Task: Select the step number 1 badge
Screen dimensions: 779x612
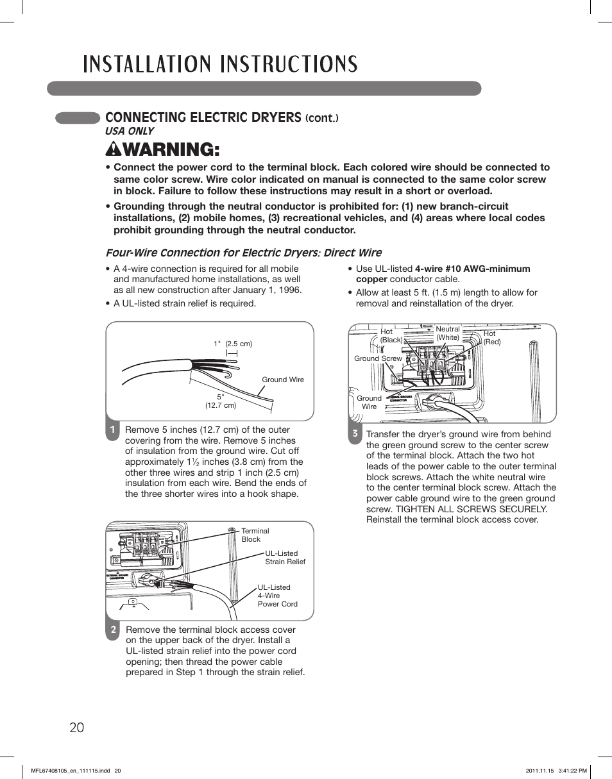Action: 112,430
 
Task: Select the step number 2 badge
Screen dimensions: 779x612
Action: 112,630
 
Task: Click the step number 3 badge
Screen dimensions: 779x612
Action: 354,434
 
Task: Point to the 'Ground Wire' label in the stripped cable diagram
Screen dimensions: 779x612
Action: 282,380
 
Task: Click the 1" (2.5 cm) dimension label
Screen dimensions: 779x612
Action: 233,344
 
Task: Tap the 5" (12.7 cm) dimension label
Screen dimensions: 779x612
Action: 220,401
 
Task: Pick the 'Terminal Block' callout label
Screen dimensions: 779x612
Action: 255,535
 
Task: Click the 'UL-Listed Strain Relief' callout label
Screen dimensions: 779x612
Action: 285,557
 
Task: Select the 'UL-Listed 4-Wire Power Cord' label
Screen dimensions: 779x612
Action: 277,596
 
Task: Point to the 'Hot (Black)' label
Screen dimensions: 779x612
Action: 391,336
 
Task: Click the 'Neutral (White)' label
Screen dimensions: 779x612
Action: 448,333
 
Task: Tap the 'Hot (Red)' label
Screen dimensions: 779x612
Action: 491,338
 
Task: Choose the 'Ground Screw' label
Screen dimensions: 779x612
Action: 378,358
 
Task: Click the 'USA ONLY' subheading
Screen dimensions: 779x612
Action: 130,131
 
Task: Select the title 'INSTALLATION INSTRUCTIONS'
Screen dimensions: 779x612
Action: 221,64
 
